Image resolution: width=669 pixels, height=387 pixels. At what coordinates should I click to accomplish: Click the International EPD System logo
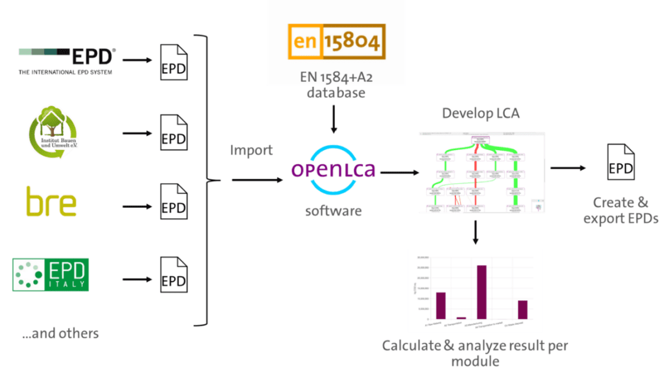point(67,60)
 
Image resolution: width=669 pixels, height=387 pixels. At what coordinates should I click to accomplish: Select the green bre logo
point(51,203)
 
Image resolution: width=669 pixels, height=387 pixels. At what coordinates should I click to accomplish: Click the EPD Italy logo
point(51,275)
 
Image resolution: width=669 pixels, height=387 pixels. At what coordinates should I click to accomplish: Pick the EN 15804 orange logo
point(336,42)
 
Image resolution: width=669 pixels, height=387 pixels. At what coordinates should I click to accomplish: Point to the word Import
point(251,151)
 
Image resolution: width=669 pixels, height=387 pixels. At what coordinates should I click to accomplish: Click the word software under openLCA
point(333,211)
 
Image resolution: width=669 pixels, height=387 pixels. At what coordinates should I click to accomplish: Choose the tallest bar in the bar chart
point(481,292)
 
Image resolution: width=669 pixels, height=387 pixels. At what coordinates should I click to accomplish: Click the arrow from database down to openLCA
point(334,120)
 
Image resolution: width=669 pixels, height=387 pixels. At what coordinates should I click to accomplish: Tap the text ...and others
point(60,334)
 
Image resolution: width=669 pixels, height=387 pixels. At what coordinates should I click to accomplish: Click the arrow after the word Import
point(255,180)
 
